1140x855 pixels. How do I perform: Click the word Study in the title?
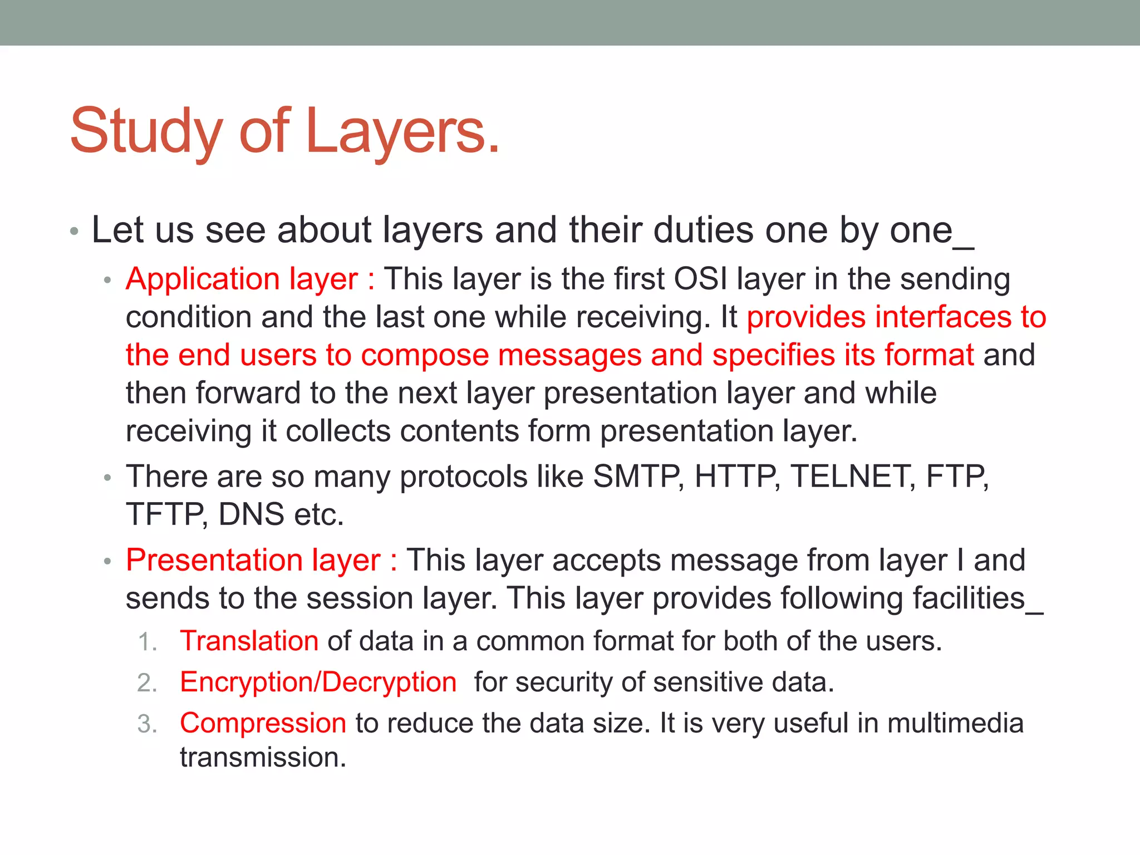click(x=146, y=132)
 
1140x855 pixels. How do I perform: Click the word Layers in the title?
click(x=402, y=132)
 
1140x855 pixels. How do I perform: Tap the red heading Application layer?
click(x=242, y=279)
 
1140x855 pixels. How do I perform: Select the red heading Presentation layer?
click(x=253, y=560)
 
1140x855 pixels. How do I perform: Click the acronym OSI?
click(x=700, y=279)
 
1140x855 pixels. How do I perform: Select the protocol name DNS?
click(x=251, y=514)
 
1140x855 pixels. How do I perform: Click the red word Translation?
click(x=249, y=641)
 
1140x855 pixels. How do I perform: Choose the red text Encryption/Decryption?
click(x=318, y=682)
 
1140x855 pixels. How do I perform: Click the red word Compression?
click(x=263, y=723)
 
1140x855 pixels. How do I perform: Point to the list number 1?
click(x=147, y=642)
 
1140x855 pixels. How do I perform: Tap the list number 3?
click(x=147, y=724)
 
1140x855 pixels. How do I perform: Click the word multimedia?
click(x=955, y=723)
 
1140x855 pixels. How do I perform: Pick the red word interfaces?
click(x=943, y=317)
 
